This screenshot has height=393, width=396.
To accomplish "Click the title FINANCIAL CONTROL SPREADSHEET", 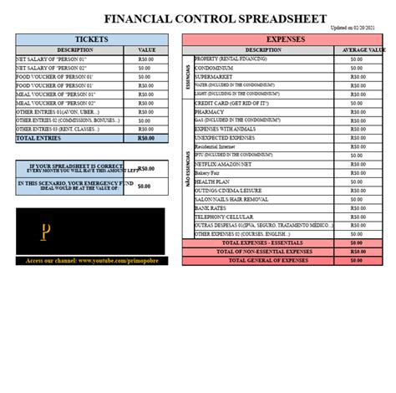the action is coord(215,18).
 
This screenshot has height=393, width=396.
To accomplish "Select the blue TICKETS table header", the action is coord(91,39).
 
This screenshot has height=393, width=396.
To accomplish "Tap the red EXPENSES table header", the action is coord(285,39).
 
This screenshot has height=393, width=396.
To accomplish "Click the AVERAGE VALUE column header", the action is coord(357,50).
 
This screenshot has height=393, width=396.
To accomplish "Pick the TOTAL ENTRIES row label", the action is coord(39,138).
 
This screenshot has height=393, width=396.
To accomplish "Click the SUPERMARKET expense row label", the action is coord(216,76).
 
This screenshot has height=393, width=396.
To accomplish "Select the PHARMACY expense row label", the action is coord(209,111).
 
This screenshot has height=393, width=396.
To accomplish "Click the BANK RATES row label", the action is coord(211,207).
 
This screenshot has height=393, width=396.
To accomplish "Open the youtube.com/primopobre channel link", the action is coord(91,261).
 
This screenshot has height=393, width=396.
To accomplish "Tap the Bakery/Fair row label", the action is coord(209,172).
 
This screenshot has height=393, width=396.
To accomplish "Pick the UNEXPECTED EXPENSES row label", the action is coord(223,120).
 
